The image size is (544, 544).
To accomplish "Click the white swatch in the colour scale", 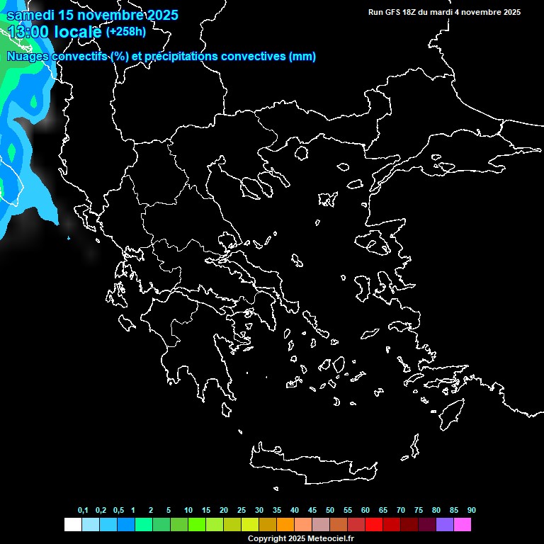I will [x=72, y=525].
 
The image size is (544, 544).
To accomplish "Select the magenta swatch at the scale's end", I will [x=463, y=525].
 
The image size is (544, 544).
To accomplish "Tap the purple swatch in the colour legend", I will [x=445, y=525].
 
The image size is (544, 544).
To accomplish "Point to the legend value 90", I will [x=471, y=511].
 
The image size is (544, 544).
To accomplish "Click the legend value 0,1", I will [x=83, y=511].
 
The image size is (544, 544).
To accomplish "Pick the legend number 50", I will [x=330, y=511].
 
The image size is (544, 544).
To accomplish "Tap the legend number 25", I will [x=242, y=511].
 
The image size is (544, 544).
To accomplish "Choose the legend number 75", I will [x=419, y=511].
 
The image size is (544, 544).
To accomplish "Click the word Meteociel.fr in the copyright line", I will [x=331, y=538].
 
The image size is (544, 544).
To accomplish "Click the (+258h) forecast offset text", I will [x=127, y=32].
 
